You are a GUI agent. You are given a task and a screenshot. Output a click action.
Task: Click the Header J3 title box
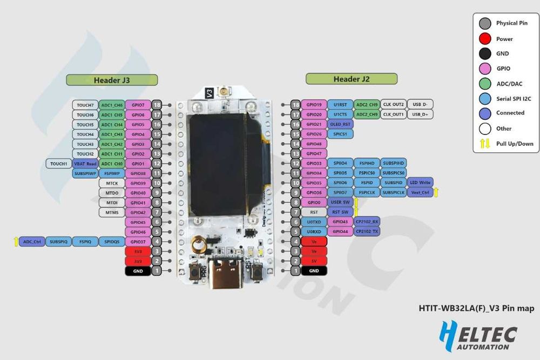pos(112,80)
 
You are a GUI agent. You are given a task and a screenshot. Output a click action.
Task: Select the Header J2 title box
pos(352,79)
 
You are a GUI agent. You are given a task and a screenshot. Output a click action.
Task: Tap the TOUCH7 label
pos(85,105)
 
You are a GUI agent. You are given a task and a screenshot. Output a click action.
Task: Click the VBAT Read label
pos(85,163)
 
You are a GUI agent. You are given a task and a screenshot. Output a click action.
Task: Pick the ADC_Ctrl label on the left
pos(31,242)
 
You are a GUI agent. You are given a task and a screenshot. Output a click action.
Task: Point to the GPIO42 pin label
pos(138,212)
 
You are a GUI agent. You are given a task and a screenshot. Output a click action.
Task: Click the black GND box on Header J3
pos(138,271)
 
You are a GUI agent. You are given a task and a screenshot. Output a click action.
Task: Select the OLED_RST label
pos(340,124)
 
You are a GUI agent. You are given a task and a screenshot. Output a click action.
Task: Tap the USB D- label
pos(420,104)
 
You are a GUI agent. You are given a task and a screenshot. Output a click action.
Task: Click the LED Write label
pos(420,182)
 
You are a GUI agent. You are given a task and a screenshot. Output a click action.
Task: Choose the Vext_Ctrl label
pos(420,192)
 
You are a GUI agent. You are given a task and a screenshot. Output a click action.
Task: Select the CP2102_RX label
pos(368,222)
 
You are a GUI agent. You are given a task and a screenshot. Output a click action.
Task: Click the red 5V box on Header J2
pos(314,261)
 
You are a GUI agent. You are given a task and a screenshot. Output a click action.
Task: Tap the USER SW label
pos(340,202)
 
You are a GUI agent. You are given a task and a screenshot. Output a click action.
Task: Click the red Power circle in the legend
pos(485,39)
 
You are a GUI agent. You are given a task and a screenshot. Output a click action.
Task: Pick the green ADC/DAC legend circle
pos(485,83)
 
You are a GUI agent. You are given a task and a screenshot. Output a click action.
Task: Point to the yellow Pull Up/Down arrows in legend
pos(485,144)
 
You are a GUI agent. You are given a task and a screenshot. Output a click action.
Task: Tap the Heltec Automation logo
pos(477,335)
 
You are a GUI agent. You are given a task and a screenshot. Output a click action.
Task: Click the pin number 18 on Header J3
pos(157,105)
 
